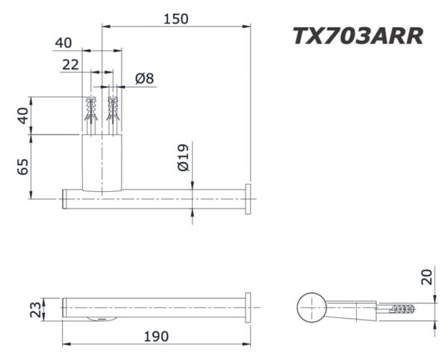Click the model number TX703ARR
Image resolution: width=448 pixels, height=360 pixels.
pos(358,36)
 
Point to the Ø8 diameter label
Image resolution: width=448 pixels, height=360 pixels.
pos(145,78)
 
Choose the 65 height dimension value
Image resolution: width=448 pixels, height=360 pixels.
pos(23,167)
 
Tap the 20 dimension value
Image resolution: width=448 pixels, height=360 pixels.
pos(426,278)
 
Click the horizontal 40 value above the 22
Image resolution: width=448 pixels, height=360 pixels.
pos(63,43)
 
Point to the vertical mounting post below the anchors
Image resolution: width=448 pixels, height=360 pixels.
pos(102,162)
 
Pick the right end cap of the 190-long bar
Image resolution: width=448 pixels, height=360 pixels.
pos(247,307)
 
